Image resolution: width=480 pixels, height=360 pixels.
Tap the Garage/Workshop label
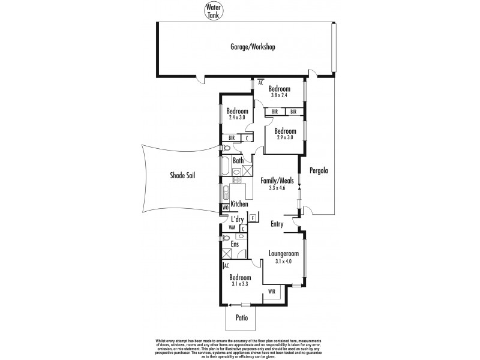(x=253, y=46)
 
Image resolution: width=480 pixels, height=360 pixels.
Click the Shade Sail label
(x=181, y=176)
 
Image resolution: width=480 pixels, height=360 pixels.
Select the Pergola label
(x=318, y=170)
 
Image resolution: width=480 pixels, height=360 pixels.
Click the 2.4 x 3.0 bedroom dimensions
(x=237, y=118)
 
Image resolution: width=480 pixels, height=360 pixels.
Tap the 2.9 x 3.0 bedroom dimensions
(x=285, y=138)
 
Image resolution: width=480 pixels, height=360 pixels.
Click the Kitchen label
(x=239, y=205)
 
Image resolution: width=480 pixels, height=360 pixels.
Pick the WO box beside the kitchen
(x=226, y=208)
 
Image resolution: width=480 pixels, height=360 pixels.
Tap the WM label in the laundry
(x=232, y=229)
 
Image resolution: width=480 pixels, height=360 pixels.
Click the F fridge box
(x=253, y=217)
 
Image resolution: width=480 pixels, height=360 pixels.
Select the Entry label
(x=277, y=224)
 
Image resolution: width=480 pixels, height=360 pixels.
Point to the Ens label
(x=236, y=244)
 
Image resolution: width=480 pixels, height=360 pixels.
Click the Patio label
(x=241, y=317)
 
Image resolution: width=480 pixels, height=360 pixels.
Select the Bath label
(x=238, y=161)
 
